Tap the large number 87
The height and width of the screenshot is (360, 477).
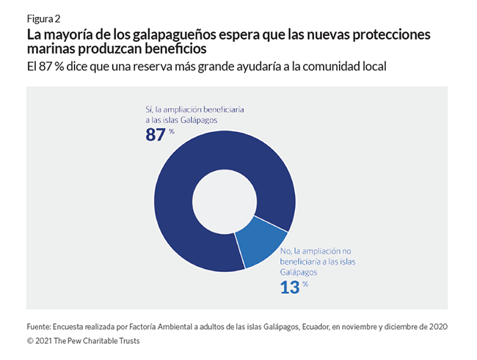pos(156,135)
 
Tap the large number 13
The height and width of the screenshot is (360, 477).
pos(290,287)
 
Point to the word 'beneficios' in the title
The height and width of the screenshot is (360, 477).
pos(175,49)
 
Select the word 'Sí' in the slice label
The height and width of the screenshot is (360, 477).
pos(149,109)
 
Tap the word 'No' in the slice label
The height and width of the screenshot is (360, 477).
pos(287,251)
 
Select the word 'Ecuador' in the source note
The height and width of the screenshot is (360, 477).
pos(319,326)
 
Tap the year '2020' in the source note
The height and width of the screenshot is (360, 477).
pos(436,326)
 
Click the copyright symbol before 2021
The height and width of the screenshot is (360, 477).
pos(30,341)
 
